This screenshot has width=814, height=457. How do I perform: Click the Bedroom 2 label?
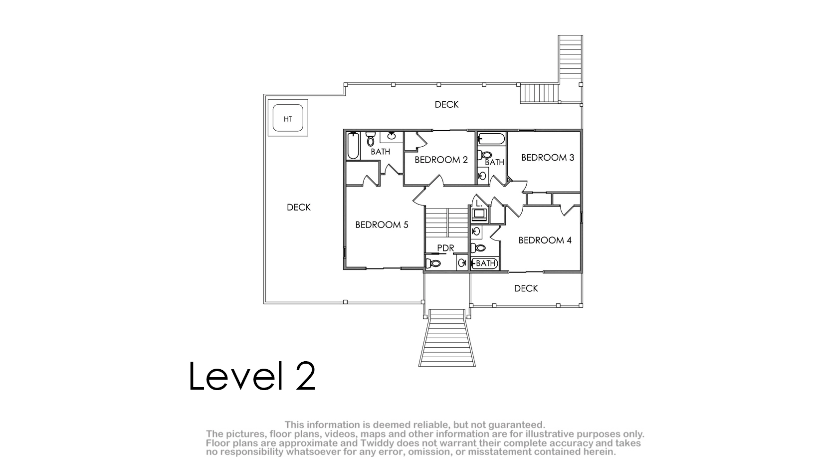(441, 160)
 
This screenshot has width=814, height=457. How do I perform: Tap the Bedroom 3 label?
(548, 158)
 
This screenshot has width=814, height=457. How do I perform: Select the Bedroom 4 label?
(545, 240)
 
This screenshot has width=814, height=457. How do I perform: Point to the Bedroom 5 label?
(382, 225)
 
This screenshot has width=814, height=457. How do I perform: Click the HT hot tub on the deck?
(288, 118)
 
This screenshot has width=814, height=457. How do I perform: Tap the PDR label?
(445, 248)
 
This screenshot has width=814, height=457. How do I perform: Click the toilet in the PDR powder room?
(433, 263)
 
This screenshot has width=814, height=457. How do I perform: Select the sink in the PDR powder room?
(462, 263)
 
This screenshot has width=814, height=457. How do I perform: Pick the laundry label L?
(479, 204)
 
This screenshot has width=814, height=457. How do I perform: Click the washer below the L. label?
(479, 215)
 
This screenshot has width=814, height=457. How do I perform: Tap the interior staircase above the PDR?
(446, 223)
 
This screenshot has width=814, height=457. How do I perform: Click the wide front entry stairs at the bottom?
(447, 338)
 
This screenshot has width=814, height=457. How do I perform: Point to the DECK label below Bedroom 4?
(526, 288)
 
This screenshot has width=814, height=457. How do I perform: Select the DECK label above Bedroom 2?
(446, 104)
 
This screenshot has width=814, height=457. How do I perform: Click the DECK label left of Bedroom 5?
(299, 207)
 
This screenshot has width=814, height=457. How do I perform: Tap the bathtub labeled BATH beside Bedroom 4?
(484, 263)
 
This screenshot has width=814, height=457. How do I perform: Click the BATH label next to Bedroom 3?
(495, 162)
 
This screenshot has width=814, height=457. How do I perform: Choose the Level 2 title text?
(252, 376)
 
